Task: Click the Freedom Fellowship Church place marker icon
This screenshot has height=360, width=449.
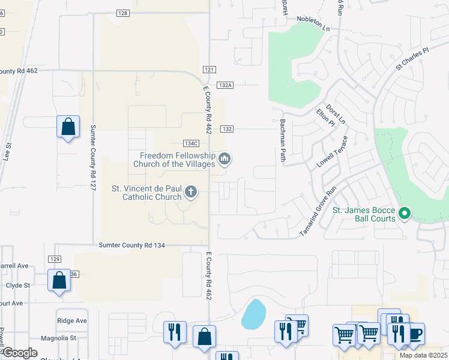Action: click(225, 159)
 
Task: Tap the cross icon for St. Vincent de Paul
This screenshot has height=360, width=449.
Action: click(191, 192)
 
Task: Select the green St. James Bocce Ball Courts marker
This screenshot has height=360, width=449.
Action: click(405, 213)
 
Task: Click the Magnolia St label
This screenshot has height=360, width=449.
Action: click(58, 338)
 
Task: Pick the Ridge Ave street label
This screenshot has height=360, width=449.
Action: click(71, 320)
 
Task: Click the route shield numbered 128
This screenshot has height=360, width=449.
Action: click(122, 13)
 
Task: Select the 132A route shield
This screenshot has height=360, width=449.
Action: click(225, 86)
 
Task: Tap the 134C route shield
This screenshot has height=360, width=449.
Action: click(191, 143)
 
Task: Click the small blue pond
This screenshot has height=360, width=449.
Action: click(254, 314)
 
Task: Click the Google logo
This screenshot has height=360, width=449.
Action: click(20, 353)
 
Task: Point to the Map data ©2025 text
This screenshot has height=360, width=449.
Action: click(423, 355)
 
